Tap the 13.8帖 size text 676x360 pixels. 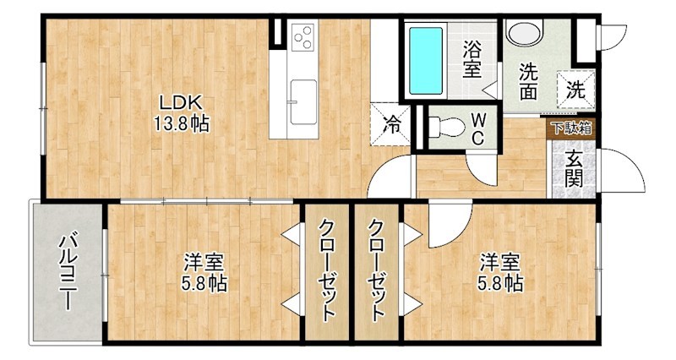[x=181, y=123]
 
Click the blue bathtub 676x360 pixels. [x=425, y=60]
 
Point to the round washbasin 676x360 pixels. [x=525, y=34]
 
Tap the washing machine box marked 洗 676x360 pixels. [x=575, y=86]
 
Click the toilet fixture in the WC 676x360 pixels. [x=445, y=128]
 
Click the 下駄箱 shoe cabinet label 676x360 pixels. [x=571, y=129]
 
